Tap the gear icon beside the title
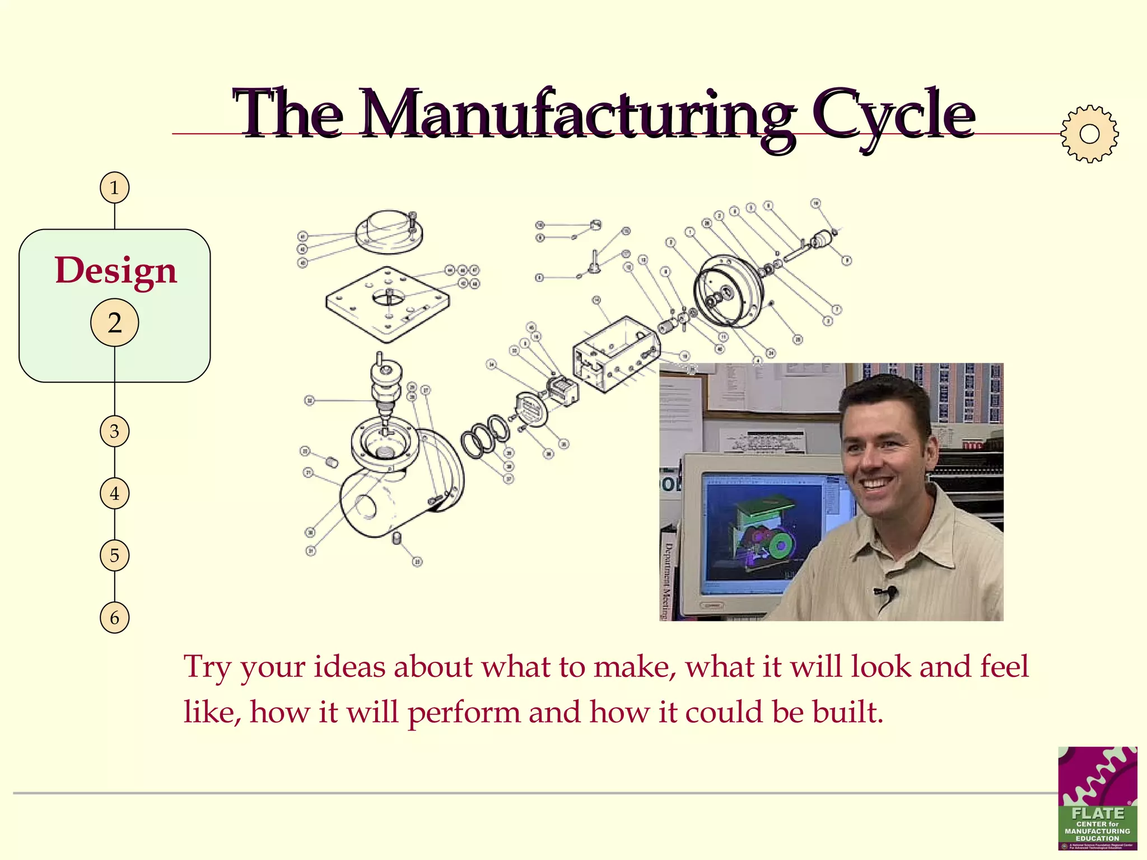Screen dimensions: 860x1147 pos(1089,134)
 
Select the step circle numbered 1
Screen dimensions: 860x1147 pos(114,188)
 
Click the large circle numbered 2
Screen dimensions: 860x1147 pos(114,323)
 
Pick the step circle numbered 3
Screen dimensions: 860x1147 pos(114,431)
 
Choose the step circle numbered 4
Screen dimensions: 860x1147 pos(114,493)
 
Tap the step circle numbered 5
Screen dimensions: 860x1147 pos(114,555)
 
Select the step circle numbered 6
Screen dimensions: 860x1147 pos(114,618)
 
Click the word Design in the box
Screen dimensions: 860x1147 pos(115,271)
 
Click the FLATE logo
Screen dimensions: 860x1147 pos(1097,798)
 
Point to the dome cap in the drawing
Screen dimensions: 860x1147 pos(389,231)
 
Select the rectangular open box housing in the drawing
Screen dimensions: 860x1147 pos(615,353)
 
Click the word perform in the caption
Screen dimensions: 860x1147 pos(464,713)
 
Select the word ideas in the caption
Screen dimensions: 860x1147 pos(349,667)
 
